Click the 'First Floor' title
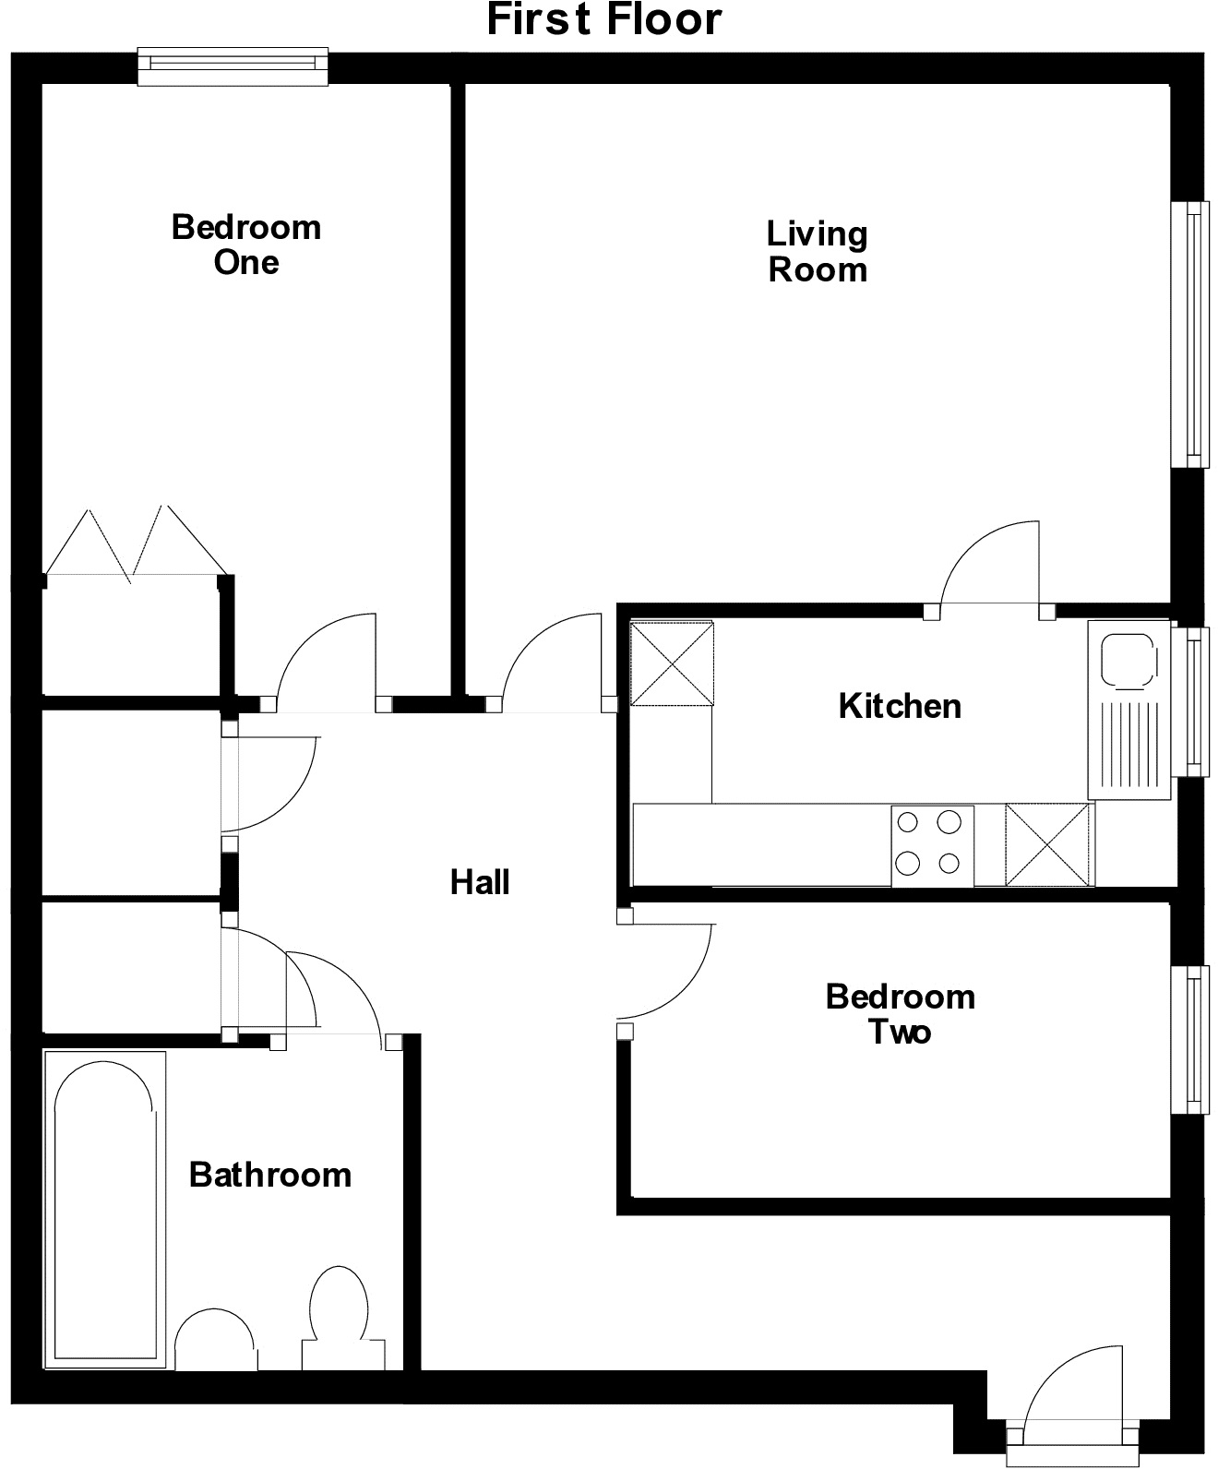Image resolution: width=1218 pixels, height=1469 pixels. click(604, 20)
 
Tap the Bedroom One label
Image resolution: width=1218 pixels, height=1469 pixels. click(246, 245)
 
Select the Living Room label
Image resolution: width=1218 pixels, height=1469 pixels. click(818, 251)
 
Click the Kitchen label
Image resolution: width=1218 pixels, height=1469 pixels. click(900, 706)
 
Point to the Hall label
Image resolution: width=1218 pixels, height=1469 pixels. click(480, 882)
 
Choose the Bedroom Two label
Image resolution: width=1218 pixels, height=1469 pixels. click(900, 1013)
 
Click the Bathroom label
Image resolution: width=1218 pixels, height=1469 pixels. click(270, 1175)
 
